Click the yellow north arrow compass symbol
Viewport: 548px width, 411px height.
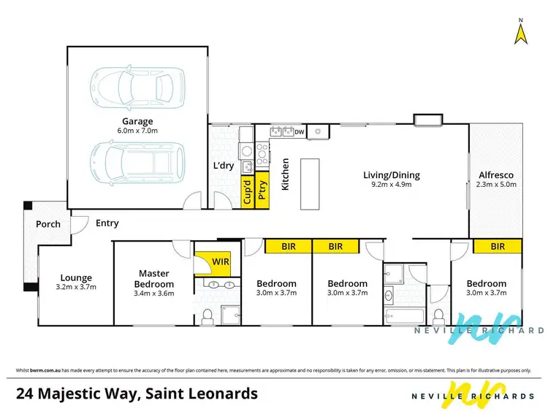[x=520, y=34]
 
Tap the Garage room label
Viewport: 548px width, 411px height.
[x=137, y=121]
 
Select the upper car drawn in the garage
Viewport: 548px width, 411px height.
[x=137, y=86]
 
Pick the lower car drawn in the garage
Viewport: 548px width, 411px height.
[x=137, y=161]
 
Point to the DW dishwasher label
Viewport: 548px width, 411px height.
[x=300, y=132]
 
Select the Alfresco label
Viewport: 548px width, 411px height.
[x=496, y=175]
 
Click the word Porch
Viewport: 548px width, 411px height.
[x=49, y=224]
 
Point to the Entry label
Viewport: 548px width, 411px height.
[x=106, y=223]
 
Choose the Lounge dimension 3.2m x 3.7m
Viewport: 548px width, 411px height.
[x=76, y=287]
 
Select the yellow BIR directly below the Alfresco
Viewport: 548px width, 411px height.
[x=498, y=247]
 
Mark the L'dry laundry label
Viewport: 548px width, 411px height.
[x=224, y=166]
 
